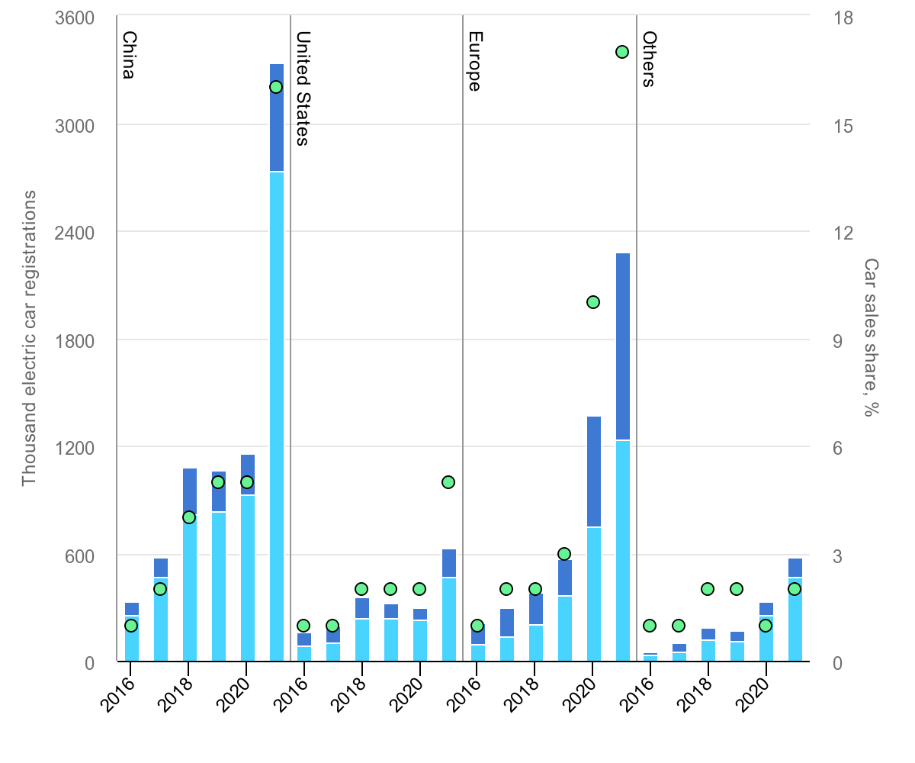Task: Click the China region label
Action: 129,55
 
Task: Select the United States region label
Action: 303,88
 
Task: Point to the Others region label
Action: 648,59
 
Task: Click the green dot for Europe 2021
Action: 622,52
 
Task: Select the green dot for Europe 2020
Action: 593,302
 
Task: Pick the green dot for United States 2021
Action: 448,482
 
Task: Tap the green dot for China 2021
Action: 276,87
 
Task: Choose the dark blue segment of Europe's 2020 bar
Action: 593,472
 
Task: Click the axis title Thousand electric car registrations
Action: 29,339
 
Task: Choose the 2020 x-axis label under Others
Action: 756,691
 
